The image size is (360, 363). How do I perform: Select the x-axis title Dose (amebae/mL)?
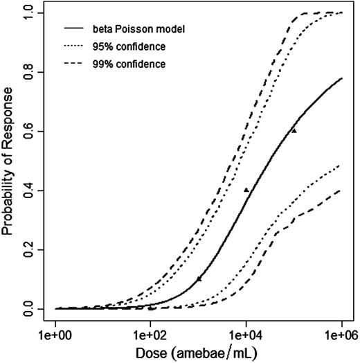(199, 353)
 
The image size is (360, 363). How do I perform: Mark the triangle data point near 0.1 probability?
(199, 278)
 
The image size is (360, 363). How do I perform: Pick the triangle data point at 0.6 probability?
(294, 130)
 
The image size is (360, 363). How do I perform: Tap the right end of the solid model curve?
(342, 78)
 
